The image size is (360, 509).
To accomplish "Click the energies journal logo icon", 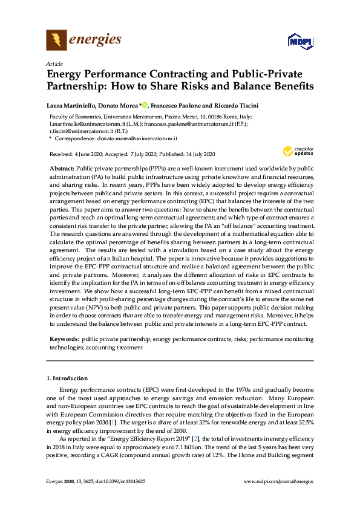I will pos(57,41).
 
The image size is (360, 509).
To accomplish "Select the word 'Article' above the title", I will pos(54,63).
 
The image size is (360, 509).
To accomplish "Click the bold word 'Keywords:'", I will pos(64,340).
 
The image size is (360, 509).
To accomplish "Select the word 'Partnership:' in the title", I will pos(80,86).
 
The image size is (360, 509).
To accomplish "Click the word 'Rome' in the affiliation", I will pos(208,117).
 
